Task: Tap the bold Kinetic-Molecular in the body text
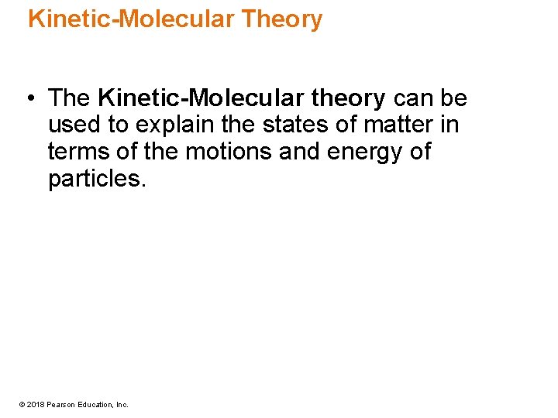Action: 201,98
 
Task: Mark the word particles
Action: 96,178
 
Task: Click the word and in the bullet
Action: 297,151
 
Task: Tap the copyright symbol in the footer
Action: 22,404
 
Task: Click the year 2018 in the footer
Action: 34,404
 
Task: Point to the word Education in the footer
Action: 95,404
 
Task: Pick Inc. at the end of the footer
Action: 122,404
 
